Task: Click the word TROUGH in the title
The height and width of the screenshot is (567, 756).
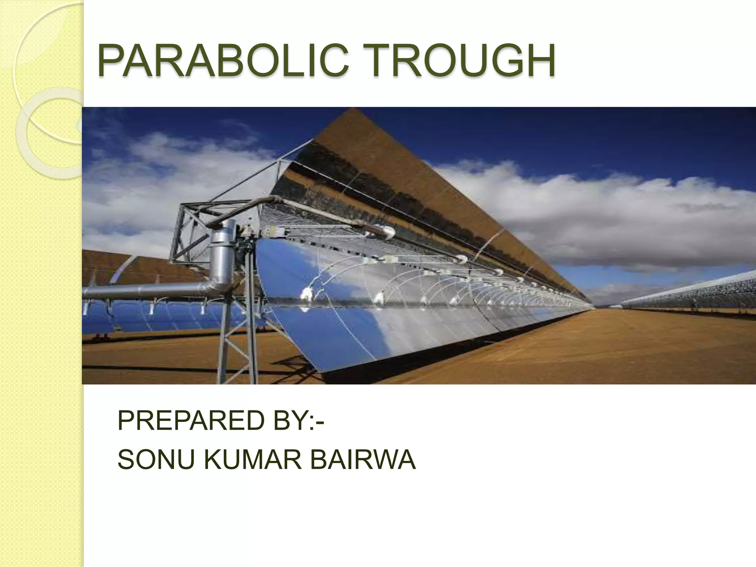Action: pos(456,61)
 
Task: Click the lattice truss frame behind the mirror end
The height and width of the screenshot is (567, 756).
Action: pos(192,229)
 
